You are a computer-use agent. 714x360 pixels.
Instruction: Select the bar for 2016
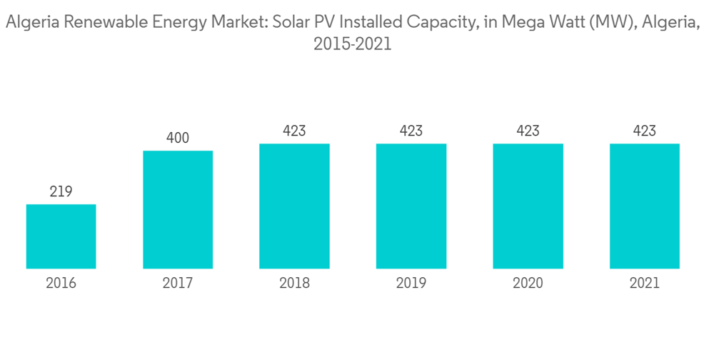[61, 236]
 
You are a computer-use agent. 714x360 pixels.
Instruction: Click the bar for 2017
[178, 209]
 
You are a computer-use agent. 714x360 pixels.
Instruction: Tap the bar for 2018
[294, 206]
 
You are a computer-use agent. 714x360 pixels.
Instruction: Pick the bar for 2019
[411, 206]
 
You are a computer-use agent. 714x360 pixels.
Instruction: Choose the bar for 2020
[528, 206]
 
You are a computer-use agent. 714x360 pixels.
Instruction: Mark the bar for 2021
[644, 206]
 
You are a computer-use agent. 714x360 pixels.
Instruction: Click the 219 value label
[61, 191]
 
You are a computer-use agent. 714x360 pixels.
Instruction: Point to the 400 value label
[178, 138]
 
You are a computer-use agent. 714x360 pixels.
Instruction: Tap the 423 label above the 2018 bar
[294, 131]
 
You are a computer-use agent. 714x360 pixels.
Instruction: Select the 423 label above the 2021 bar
[644, 131]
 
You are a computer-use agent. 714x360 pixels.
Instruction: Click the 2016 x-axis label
[61, 284]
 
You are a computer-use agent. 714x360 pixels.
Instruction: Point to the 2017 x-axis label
[178, 284]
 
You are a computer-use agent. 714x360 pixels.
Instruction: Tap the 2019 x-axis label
[411, 284]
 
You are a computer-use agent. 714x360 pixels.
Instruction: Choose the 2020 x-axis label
[528, 284]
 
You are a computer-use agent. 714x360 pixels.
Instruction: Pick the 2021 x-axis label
[644, 284]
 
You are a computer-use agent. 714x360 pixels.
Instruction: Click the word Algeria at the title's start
[32, 23]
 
